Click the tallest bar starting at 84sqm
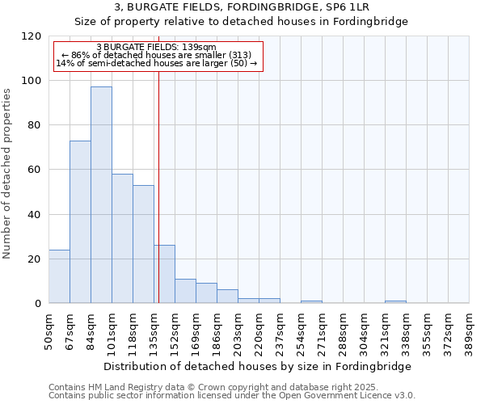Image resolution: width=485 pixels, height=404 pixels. coord(101,195)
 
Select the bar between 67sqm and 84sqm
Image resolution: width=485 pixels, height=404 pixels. coord(80,222)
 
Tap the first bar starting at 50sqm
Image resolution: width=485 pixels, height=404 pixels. coord(59,276)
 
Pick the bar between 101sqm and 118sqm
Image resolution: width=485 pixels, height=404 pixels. coord(122,238)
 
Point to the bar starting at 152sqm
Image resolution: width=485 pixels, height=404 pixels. coord(185,291)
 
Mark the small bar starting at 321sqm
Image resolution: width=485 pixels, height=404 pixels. coord(395,302)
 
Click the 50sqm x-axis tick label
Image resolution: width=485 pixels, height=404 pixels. coord(49,330)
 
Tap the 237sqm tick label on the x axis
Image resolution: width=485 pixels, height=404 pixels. coord(280,330)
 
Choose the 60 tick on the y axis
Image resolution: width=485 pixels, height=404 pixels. coord(35,170)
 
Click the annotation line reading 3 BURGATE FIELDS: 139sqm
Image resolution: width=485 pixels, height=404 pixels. coord(156,47)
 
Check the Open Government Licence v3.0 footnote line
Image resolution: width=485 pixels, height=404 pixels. coord(232,396)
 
